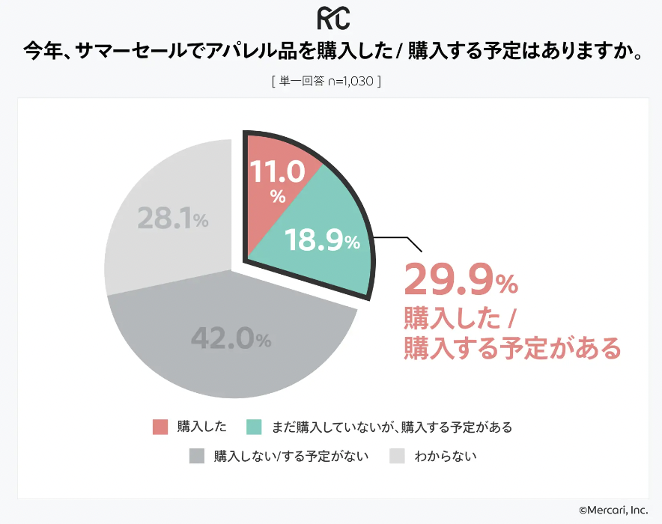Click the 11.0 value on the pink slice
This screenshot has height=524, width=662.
tap(277, 172)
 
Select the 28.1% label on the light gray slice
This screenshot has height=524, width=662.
tap(172, 219)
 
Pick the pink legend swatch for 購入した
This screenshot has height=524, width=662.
tap(160, 427)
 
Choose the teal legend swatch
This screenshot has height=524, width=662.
tap(254, 427)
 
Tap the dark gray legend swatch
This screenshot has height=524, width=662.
tap(197, 456)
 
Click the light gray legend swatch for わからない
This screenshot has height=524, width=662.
tap(397, 456)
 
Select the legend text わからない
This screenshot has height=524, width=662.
tap(446, 456)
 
